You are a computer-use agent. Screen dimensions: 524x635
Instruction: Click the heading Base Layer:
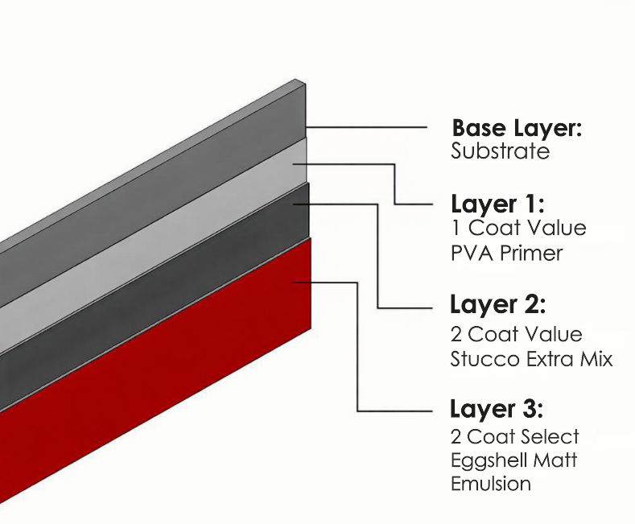point(516,128)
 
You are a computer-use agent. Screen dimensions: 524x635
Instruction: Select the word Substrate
point(500,151)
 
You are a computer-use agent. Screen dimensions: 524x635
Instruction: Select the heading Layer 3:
point(497,409)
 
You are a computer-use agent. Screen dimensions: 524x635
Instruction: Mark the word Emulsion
point(491,484)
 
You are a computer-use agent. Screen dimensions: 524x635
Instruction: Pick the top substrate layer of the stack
point(161,201)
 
